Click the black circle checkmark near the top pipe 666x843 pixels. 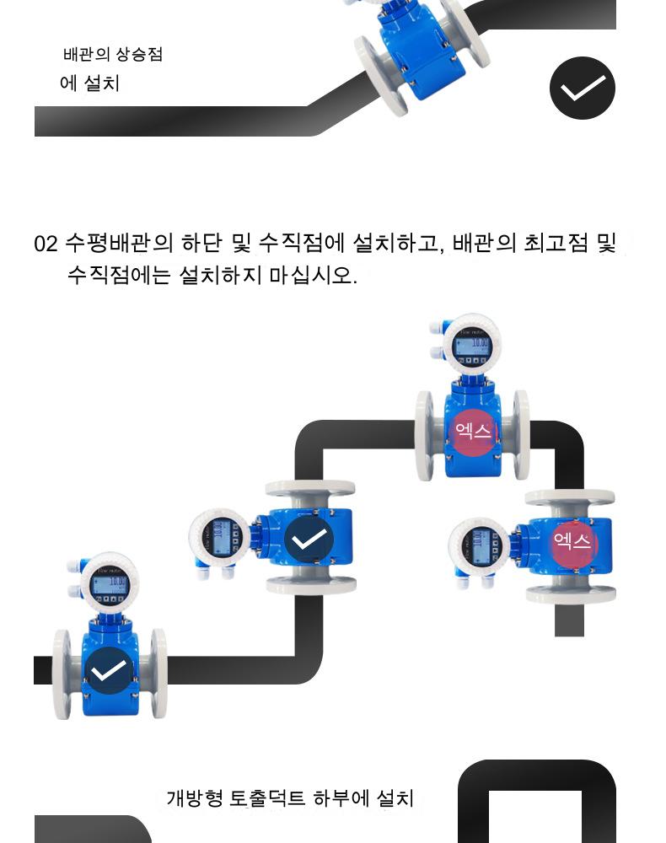tap(583, 88)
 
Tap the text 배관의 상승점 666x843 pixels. tap(113, 55)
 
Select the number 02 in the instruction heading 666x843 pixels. tap(46, 244)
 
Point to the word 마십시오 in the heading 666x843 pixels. tap(313, 275)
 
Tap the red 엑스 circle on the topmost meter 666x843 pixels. tap(473, 431)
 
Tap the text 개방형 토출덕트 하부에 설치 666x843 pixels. tap(290, 797)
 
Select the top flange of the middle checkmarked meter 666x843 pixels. tap(309, 489)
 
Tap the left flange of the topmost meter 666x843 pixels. tap(425, 435)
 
